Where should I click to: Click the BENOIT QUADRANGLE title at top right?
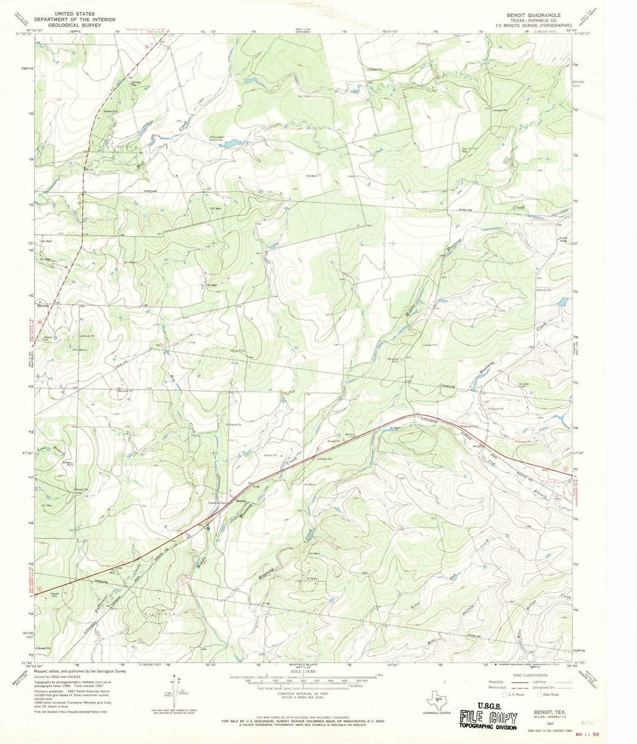tap(530, 12)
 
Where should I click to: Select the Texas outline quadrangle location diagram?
tap(437, 702)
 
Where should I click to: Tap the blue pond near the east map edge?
tap(562, 302)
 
